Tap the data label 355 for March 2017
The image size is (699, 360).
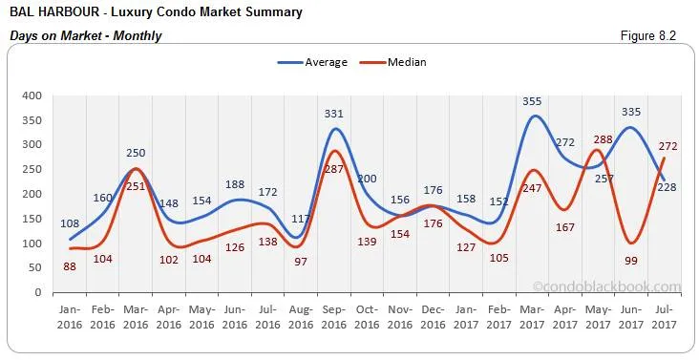[533, 101]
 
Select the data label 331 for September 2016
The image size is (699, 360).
[333, 114]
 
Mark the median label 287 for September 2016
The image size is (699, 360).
[333, 168]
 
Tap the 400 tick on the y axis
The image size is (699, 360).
[32, 95]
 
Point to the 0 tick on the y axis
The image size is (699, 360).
[38, 292]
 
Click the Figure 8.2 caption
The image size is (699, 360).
[648, 35]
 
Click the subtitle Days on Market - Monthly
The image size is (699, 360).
[85, 35]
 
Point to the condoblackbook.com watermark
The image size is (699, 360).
[607, 286]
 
